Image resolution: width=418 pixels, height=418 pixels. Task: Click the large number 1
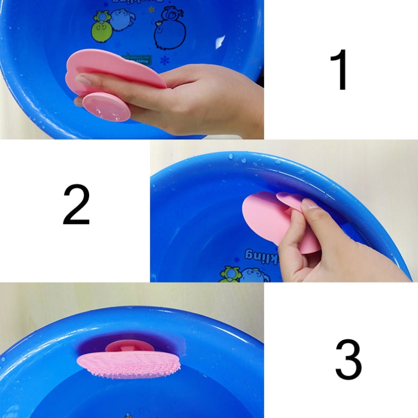point(339,70)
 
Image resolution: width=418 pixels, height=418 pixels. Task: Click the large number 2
point(76,205)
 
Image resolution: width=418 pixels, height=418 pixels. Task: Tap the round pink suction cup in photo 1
point(106,107)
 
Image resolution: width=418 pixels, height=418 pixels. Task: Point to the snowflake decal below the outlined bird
point(164,59)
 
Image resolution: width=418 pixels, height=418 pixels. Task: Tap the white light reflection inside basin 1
point(220,42)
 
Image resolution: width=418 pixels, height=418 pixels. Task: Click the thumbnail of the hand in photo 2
point(309,205)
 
